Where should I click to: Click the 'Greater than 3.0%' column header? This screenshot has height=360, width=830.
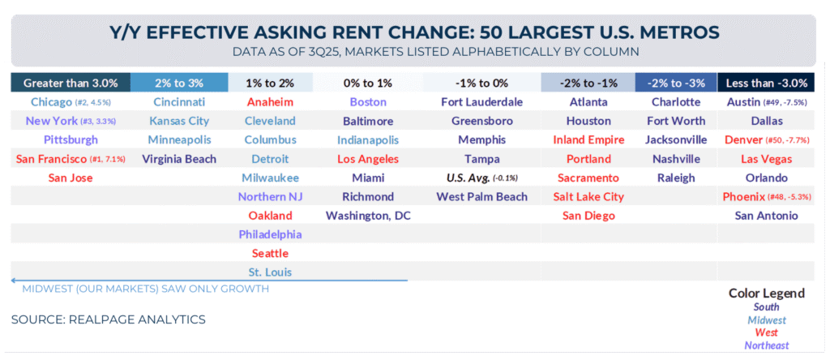(71, 83)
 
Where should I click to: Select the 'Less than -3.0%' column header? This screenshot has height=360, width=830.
(766, 83)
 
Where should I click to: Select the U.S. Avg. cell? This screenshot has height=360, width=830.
(481, 178)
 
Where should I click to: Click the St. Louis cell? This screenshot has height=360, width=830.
(270, 272)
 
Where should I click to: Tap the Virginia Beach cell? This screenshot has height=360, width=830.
(178, 159)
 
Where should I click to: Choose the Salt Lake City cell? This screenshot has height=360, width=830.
(588, 196)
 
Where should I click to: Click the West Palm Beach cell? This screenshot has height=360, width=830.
(481, 196)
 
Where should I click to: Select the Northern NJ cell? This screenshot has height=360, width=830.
(270, 196)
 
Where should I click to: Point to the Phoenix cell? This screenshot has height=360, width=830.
(766, 196)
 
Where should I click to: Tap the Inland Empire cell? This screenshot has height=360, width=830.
(588, 139)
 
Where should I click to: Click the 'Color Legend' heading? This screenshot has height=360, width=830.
(766, 293)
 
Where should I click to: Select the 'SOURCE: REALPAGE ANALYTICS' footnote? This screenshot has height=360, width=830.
(108, 319)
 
